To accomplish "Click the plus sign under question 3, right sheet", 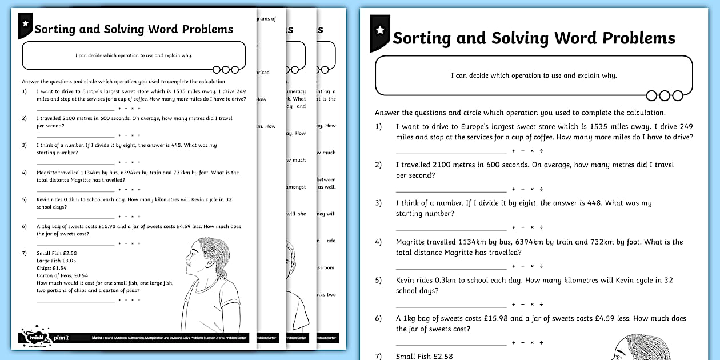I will (514, 227).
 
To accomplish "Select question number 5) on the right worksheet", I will (378, 281).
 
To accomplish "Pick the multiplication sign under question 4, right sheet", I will (532, 266).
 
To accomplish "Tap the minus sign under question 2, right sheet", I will (523, 189).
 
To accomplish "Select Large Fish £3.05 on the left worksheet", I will (56, 261).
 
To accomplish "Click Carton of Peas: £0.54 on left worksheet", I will (62, 275).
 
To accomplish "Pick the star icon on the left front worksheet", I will (25, 23).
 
